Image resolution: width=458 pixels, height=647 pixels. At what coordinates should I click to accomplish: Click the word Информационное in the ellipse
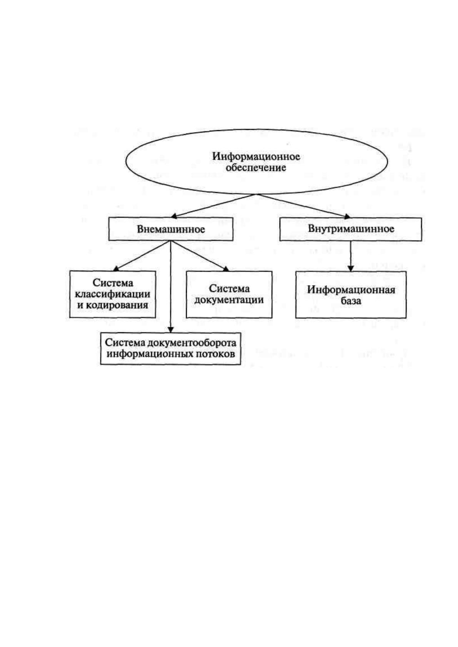256,157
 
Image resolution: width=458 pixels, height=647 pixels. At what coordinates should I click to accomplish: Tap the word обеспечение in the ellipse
256,168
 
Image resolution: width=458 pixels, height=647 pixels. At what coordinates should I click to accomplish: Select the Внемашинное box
171,229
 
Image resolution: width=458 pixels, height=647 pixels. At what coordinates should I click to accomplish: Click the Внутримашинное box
350,229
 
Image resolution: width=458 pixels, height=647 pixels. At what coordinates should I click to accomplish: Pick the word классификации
112,294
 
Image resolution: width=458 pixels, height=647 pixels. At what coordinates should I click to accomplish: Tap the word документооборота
192,343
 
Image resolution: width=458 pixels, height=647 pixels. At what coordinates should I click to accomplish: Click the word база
351,301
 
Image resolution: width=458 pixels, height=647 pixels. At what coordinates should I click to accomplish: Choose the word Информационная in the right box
351,290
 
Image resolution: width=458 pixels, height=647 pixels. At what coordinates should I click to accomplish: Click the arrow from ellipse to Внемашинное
214,206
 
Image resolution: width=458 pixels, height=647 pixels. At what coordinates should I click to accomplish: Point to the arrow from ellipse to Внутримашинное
303,206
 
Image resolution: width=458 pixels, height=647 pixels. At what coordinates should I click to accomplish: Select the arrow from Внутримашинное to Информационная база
350,256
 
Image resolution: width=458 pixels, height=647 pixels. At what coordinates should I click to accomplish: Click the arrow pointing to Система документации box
200,255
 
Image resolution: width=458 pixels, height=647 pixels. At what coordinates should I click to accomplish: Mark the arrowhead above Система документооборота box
171,330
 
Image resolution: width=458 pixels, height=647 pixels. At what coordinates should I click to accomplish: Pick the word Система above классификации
113,283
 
